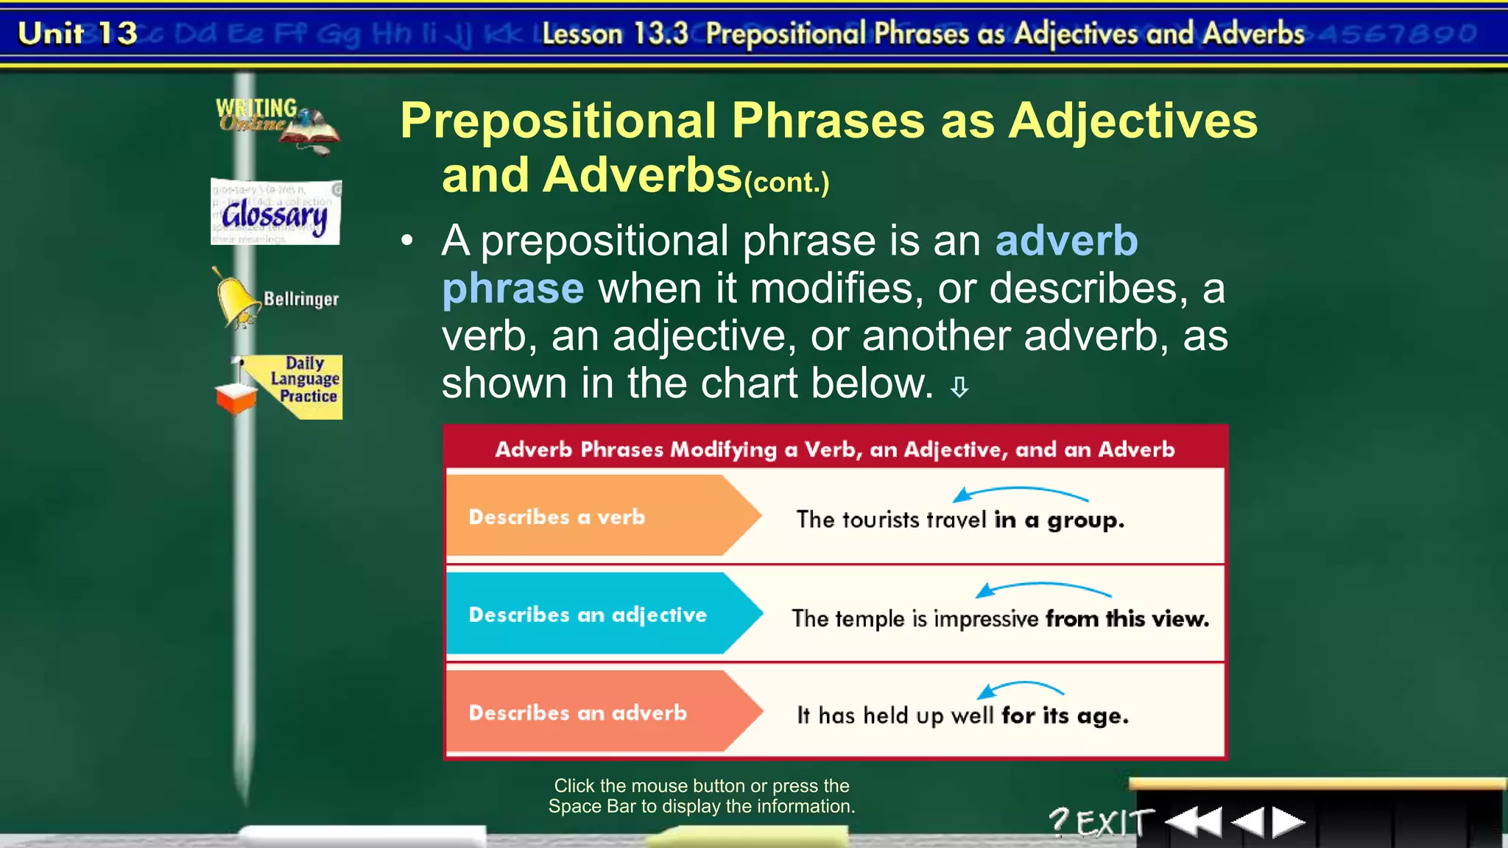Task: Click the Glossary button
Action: click(x=275, y=213)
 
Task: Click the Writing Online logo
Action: click(x=276, y=124)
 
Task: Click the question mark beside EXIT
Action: click(x=1058, y=821)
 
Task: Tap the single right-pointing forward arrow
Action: click(x=1288, y=822)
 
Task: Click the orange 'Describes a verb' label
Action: click(x=557, y=517)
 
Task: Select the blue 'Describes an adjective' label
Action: click(x=588, y=615)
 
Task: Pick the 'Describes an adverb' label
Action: click(x=578, y=713)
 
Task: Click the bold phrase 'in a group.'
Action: click(x=1059, y=520)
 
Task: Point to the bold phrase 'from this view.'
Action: click(x=1127, y=619)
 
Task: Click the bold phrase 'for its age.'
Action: click(x=1065, y=715)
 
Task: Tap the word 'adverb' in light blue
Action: click(x=1066, y=241)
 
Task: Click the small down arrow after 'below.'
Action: click(x=959, y=387)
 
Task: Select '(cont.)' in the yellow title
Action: click(x=786, y=183)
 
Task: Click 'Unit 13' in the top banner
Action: click(x=77, y=33)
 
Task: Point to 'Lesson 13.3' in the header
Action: click(x=615, y=34)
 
